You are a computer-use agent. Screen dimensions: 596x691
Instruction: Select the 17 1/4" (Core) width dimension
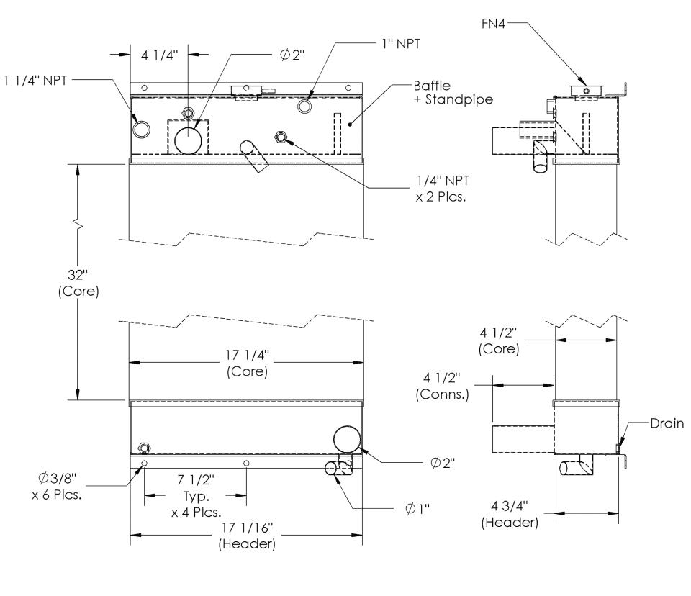(247, 365)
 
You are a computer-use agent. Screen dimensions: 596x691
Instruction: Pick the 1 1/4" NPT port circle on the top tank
(142, 129)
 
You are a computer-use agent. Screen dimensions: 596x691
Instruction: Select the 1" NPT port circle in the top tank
(305, 106)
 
